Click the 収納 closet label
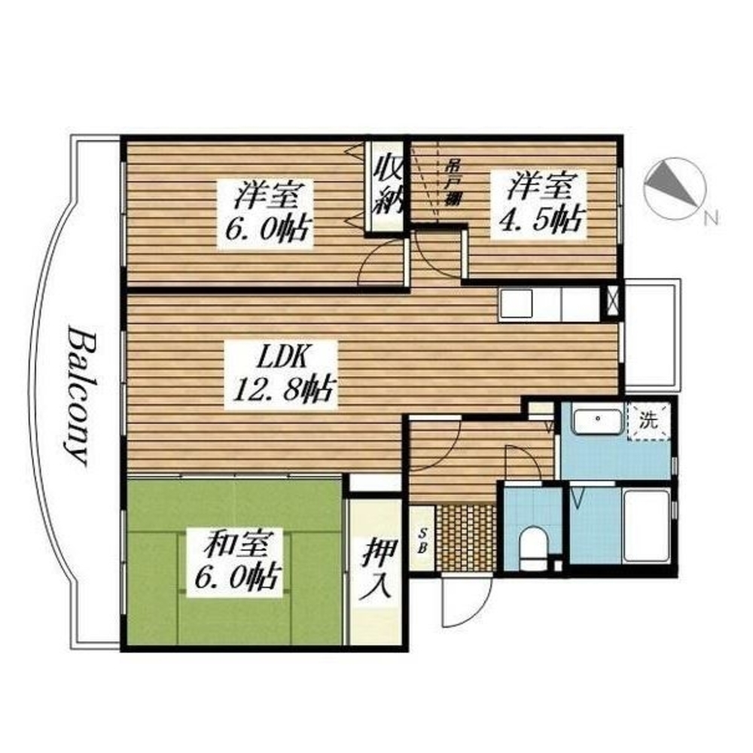click(x=387, y=186)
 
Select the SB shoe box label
click(x=422, y=541)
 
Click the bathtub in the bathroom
click(x=646, y=526)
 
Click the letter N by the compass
click(x=712, y=218)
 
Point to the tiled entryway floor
click(x=465, y=537)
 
